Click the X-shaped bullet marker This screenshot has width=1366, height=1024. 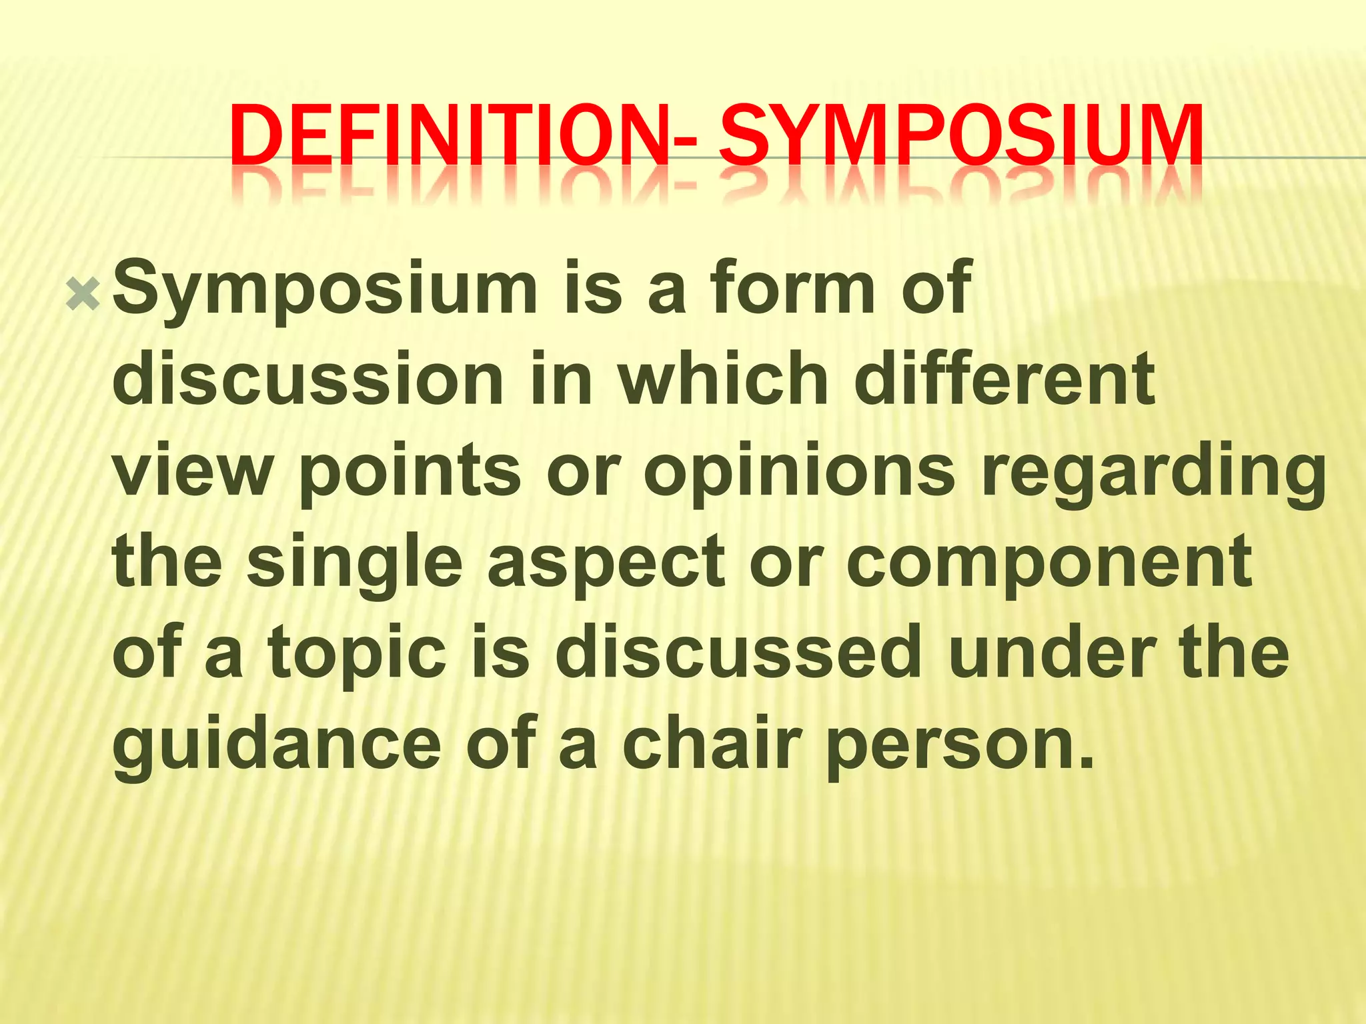pos(83,294)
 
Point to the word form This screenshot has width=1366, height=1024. pos(792,288)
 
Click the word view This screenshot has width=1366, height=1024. pos(193,470)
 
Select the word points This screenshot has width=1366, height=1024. pos(410,470)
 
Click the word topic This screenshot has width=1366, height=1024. pos(358,653)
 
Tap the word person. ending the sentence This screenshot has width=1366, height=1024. pos(961,745)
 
